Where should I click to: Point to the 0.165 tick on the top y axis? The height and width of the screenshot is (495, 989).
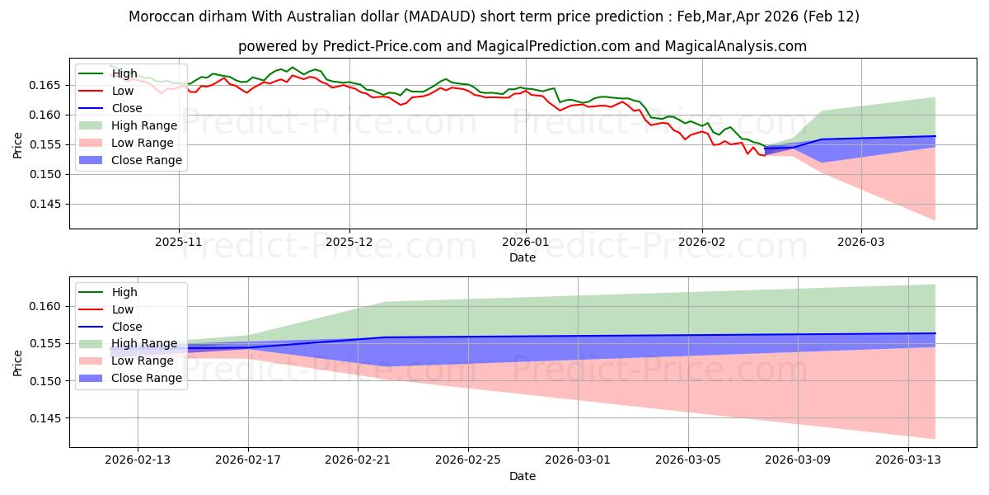47,85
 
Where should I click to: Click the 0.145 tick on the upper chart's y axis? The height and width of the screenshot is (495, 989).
47,204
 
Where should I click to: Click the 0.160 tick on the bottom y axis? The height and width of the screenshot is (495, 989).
47,306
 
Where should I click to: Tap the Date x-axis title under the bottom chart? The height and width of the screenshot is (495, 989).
523,476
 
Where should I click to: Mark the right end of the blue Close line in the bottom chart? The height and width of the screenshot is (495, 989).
935,333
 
